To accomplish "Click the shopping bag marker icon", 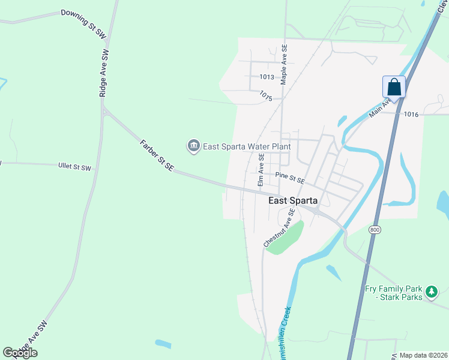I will coord(394,87).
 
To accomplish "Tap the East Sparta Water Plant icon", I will coord(193,146).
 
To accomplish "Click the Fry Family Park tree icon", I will coord(431,293).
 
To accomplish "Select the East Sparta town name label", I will coord(292,201).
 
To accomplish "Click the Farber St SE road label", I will coord(156,156).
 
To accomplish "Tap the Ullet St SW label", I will coord(75,167).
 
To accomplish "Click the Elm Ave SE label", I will coord(261,170).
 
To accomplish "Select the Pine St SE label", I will coord(291,178).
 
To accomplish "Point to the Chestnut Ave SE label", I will coord(279,228).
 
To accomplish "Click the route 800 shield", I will coord(375,230).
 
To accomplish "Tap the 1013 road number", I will coord(267,77).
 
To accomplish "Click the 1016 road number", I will coord(411,114).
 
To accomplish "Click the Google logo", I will coord(20,353).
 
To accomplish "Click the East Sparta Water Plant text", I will coord(247,146).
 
